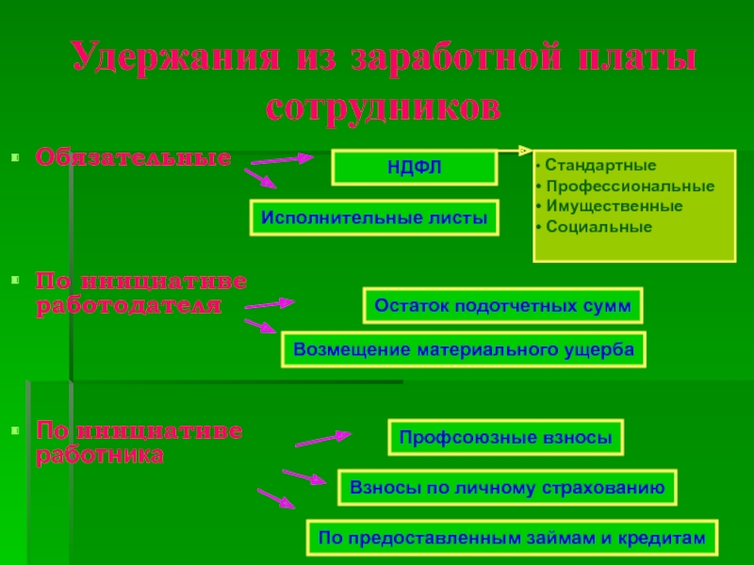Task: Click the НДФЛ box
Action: coord(414,168)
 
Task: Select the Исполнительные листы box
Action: coord(374,218)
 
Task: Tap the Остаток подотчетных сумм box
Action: coord(502,306)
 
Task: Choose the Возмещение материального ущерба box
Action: coord(464,349)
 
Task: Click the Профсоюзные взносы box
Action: coord(505,438)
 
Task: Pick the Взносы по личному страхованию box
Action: coord(507,487)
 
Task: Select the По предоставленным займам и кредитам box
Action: coord(512,538)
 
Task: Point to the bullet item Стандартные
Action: coord(584,165)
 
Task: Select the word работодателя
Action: coord(129,306)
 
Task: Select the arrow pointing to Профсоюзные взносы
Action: coord(322,439)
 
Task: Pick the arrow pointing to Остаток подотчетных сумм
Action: coord(270,304)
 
